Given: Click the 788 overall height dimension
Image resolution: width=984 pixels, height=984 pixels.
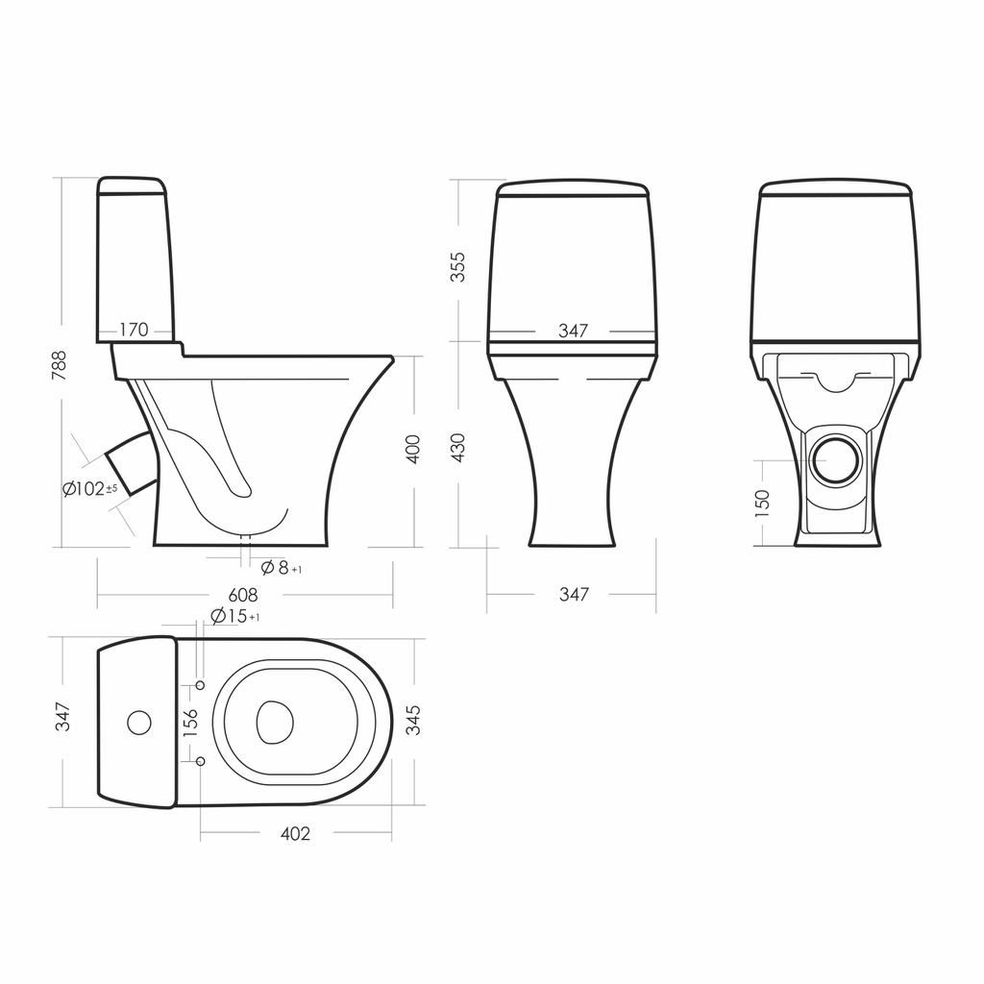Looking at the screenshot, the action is [x=59, y=365].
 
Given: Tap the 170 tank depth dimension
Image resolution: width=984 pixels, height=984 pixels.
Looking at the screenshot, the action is [x=134, y=330].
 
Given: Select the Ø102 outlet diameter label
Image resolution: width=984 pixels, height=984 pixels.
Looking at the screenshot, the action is [x=89, y=489].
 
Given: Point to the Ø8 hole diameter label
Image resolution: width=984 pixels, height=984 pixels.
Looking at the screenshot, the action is [x=282, y=568].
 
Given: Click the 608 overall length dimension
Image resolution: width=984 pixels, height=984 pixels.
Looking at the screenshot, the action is [x=243, y=594].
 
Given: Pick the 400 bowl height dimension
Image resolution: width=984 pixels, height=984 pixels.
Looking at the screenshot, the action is [x=413, y=449].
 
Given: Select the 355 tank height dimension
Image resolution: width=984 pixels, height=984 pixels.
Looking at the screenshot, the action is [x=458, y=267].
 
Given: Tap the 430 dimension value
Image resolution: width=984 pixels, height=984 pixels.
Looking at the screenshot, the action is [x=458, y=448].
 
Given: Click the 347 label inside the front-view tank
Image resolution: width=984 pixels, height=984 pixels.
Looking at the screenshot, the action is [x=573, y=331].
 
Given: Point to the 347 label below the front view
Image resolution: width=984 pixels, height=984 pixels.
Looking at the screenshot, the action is [x=575, y=594].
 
